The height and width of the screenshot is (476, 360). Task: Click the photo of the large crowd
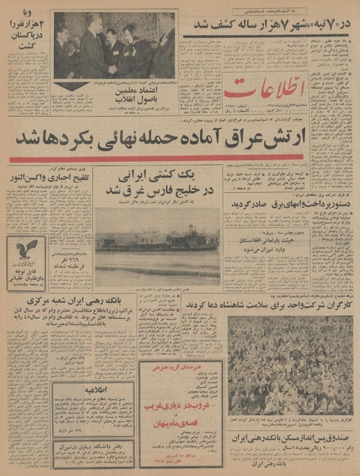coord(289,366)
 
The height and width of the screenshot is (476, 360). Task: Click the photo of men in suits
coord(114,45)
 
